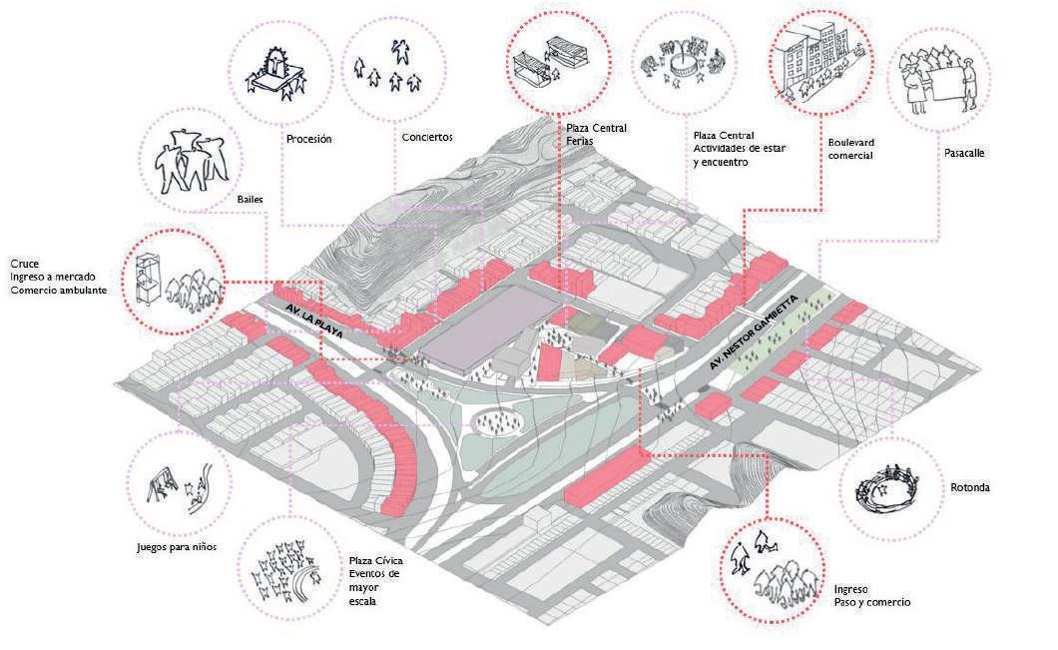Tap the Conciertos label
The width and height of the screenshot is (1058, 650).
[427, 137]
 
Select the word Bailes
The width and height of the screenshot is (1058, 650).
[250, 199]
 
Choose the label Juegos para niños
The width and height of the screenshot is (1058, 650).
[177, 547]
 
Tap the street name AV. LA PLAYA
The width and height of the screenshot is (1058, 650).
[313, 319]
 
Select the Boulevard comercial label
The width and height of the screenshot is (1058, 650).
[850, 149]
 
